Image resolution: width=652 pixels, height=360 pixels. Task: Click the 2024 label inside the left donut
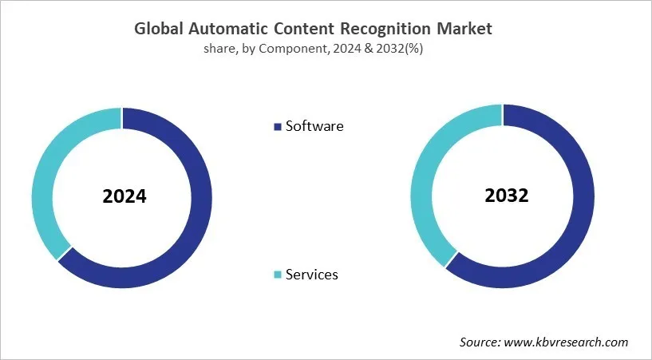(x=124, y=196)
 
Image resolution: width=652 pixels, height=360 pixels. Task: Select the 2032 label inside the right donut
(x=507, y=195)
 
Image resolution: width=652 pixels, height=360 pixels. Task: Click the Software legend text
(x=314, y=126)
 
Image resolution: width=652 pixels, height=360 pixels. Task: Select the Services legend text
(x=312, y=275)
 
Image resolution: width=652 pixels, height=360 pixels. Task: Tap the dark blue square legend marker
(x=278, y=127)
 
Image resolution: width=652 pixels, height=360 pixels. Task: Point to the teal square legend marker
(x=278, y=275)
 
